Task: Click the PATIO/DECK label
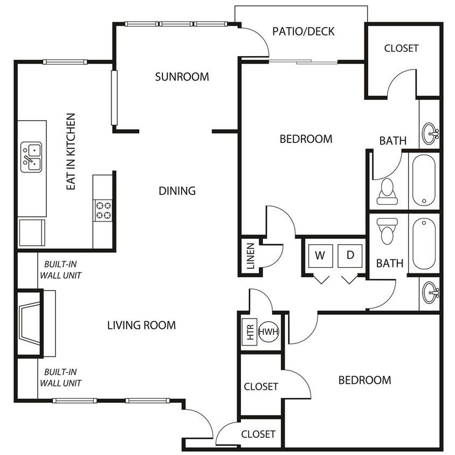pos(303,31)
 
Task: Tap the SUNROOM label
pos(182,77)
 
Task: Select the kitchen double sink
pos(31,157)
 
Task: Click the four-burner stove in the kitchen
pos(104,210)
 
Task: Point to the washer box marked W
pos(320,256)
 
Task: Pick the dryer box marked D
pos(350,256)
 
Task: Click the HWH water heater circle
pos(268,332)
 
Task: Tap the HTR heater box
pos(250,332)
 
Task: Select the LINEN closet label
pos(251,256)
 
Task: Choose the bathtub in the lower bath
pos(424,244)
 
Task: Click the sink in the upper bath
pos(430,134)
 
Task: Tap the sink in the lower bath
pos(430,293)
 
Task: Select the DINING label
pos(177,191)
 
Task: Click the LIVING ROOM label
pos(142,325)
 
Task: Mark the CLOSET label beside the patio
pos(401,48)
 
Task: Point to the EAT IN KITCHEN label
pos(71,152)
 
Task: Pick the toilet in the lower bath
pos(388,231)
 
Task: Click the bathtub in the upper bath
pos(424,180)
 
